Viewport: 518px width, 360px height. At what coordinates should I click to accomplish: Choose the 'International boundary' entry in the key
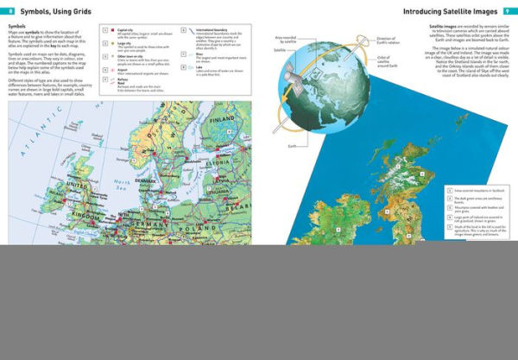(212, 28)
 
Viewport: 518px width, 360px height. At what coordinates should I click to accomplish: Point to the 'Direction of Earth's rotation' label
(389, 41)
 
